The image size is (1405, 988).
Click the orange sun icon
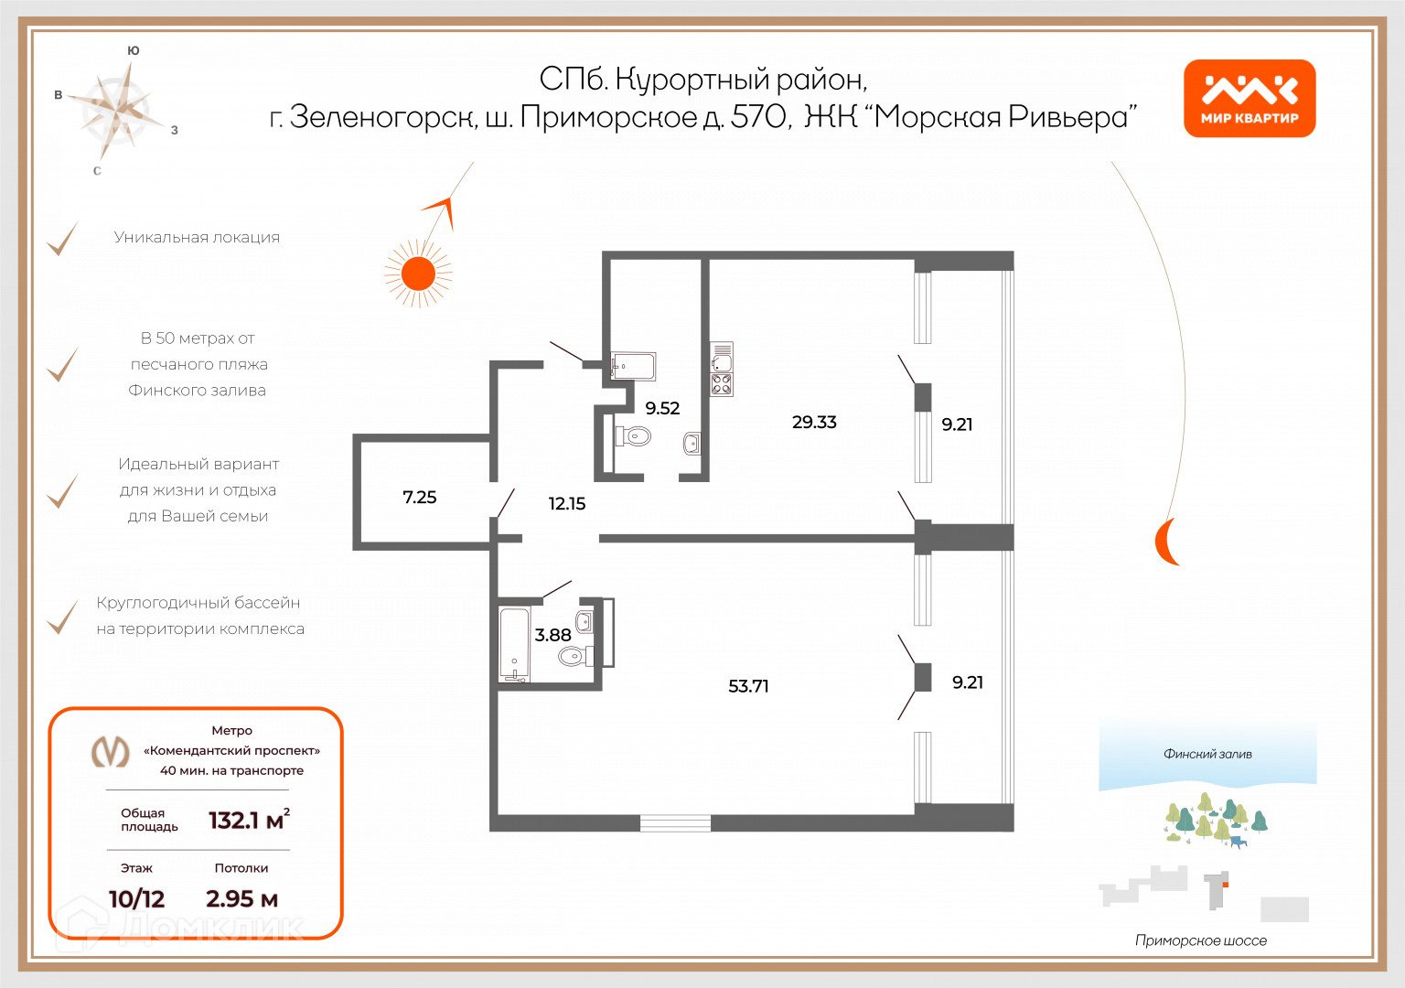tap(418, 273)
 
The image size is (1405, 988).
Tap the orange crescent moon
tap(1164, 541)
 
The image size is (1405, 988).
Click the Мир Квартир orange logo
tap(1249, 99)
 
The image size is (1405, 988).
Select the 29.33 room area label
tap(814, 422)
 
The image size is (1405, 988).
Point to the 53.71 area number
tap(748, 686)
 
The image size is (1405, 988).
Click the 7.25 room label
tap(420, 497)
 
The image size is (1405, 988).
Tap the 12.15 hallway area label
tap(567, 503)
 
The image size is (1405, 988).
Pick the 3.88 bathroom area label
tap(552, 635)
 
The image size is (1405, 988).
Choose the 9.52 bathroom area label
tap(662, 408)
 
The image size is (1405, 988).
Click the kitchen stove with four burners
tap(722, 384)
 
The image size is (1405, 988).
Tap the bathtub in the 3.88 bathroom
tap(514, 644)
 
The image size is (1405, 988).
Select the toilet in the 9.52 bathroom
tap(634, 435)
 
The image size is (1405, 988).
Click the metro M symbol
tap(111, 752)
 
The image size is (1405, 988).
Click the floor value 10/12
tap(136, 898)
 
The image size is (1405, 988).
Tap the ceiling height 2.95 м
tap(241, 898)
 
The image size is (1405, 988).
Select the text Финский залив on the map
tap(1207, 754)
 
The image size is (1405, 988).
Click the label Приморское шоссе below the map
tap(1200, 940)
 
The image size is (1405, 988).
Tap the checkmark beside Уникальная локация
tap(62, 239)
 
